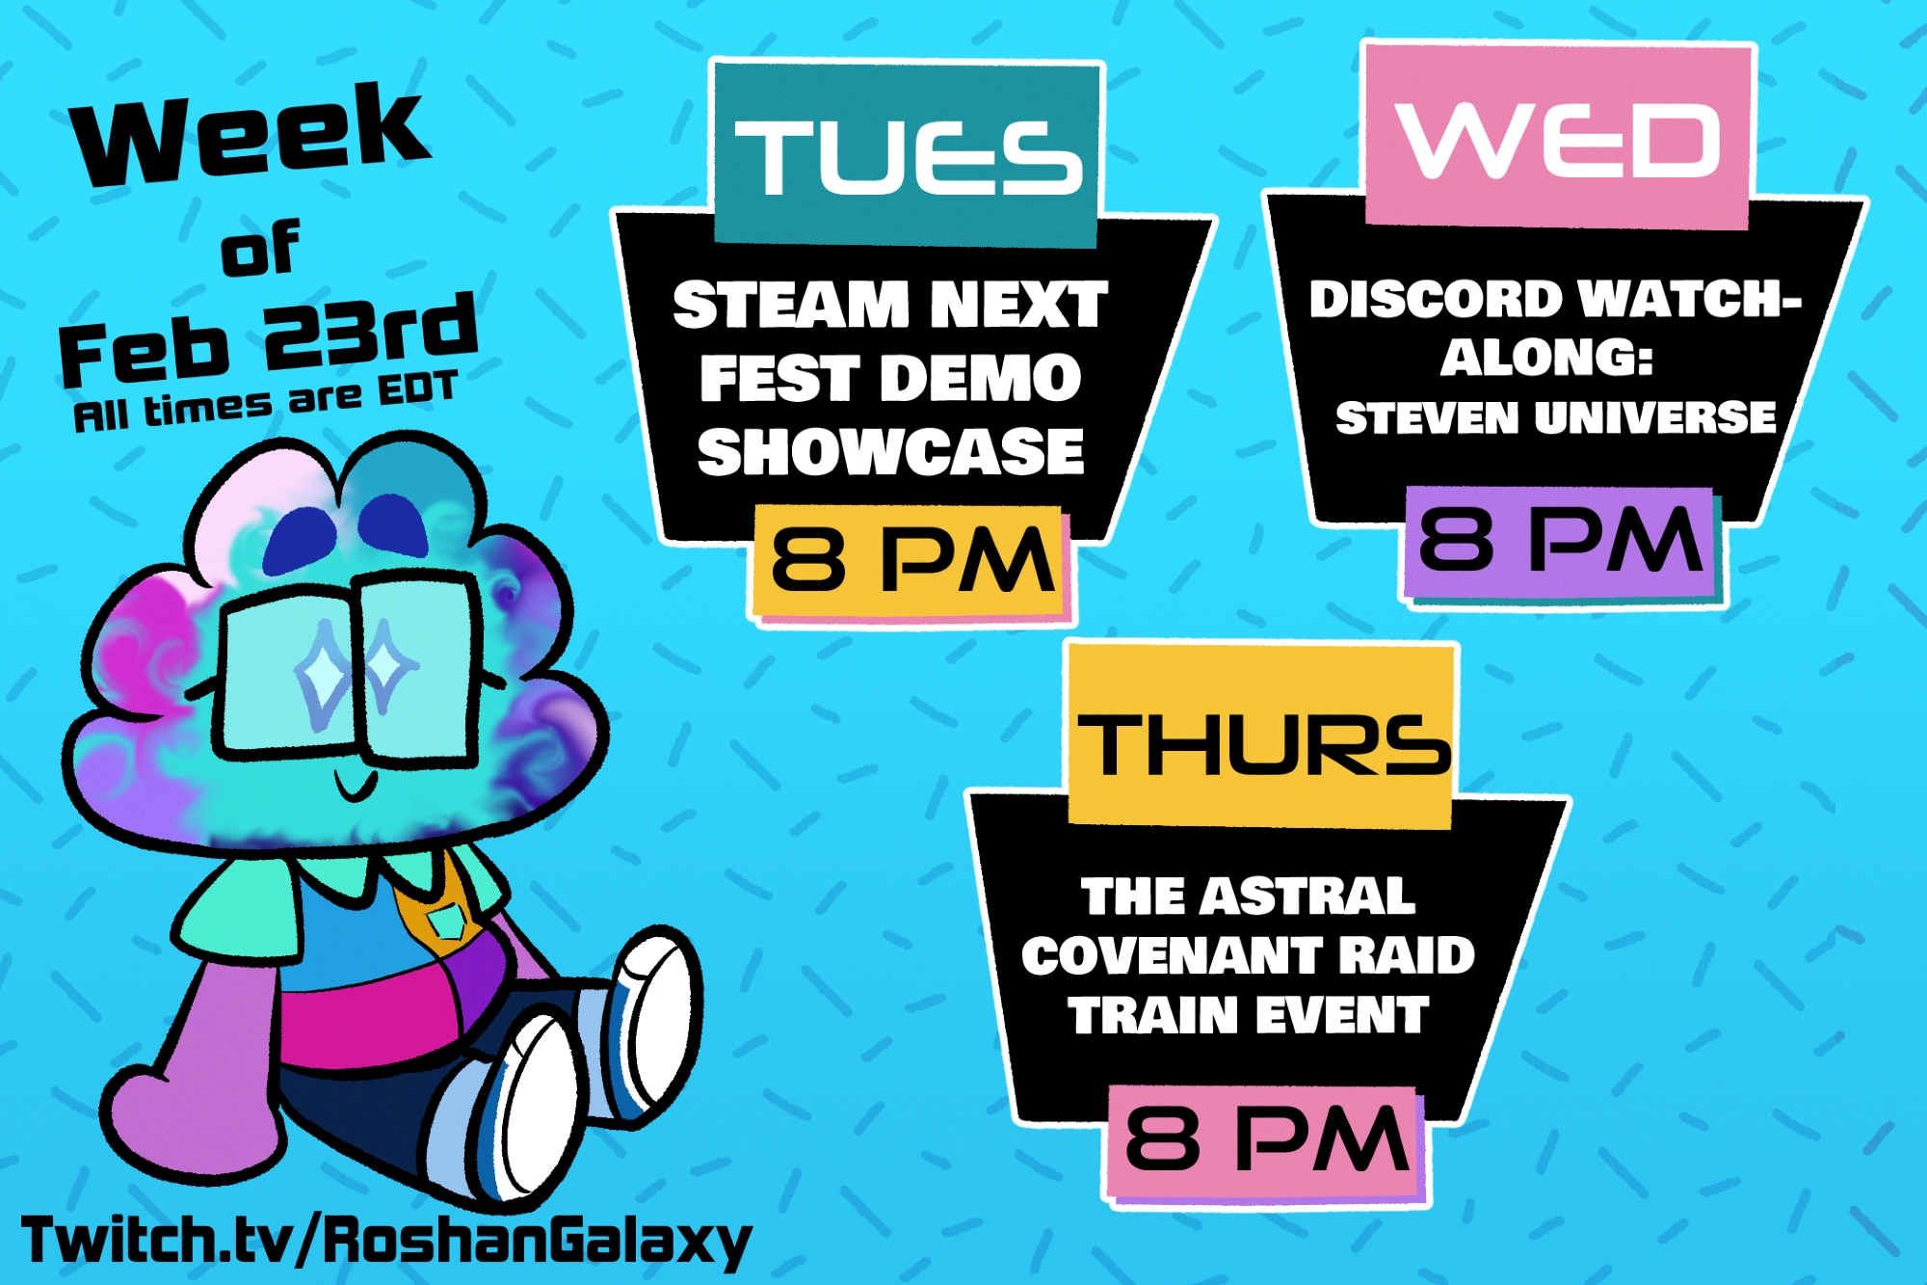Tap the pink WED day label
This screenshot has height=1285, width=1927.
click(x=1558, y=137)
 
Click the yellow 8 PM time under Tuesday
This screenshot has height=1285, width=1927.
click(x=910, y=561)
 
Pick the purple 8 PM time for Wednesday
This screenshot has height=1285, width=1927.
click(x=1559, y=541)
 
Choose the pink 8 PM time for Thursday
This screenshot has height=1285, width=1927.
click(x=1264, y=1140)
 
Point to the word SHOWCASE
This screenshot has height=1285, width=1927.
click(x=891, y=451)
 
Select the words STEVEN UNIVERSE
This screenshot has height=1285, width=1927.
click(x=1556, y=417)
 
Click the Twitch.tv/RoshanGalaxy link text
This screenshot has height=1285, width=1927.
click(x=385, y=1242)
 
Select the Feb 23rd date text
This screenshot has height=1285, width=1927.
click(x=268, y=337)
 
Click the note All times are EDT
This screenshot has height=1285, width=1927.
click(x=265, y=401)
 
